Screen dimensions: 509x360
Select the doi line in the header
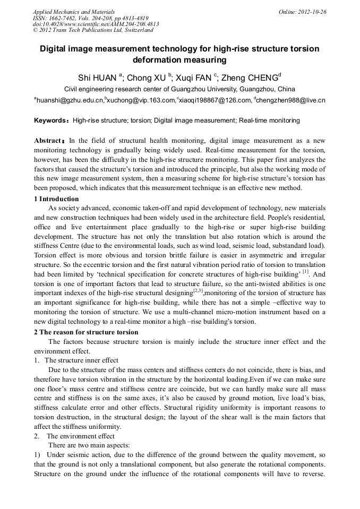click(x=96, y=24)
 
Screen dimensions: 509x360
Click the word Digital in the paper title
click(x=55, y=49)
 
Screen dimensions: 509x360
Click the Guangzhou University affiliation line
click(x=179, y=89)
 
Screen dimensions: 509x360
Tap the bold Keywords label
click(x=51, y=120)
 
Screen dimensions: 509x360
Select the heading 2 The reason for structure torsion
click(x=85, y=332)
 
